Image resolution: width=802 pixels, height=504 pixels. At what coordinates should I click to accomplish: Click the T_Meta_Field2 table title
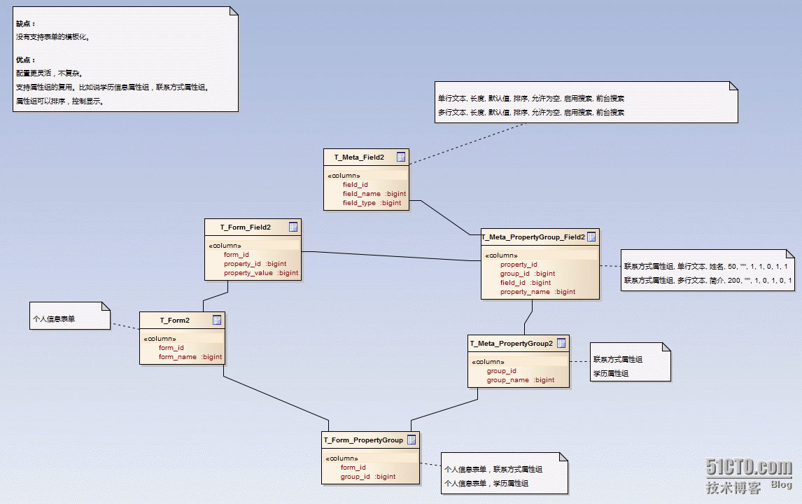(358, 157)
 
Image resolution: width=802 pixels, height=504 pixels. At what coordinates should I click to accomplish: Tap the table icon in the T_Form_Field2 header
(293, 227)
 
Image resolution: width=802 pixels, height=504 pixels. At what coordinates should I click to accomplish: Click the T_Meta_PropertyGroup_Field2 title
(533, 237)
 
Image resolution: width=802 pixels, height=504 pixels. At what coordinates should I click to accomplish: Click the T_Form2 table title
(174, 321)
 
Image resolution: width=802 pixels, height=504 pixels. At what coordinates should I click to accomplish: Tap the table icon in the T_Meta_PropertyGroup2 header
(561, 344)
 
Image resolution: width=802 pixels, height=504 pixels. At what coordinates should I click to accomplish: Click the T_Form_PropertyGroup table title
(363, 440)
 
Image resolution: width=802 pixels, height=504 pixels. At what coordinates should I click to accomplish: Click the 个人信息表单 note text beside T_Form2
(54, 318)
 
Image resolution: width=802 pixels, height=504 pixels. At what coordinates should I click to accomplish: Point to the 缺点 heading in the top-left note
(25, 24)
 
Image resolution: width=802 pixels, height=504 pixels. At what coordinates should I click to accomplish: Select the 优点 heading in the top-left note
(25, 60)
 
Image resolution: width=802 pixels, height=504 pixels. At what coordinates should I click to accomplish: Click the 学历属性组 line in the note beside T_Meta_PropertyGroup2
(610, 374)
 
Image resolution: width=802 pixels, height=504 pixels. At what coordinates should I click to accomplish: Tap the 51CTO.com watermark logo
(749, 468)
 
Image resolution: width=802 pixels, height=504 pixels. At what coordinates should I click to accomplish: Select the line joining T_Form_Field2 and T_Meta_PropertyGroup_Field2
(392, 256)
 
